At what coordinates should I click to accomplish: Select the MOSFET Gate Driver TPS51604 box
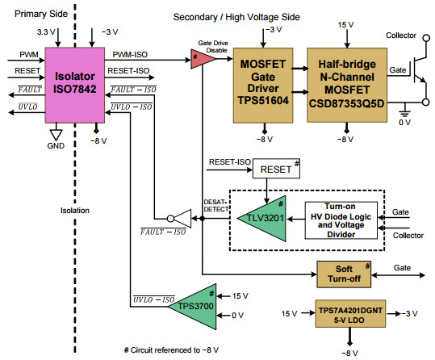tap(261, 84)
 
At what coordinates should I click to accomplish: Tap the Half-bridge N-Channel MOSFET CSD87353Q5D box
tap(346, 84)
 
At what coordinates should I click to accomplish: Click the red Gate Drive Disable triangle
tap(195, 59)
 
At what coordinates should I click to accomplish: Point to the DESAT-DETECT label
tap(215, 205)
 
